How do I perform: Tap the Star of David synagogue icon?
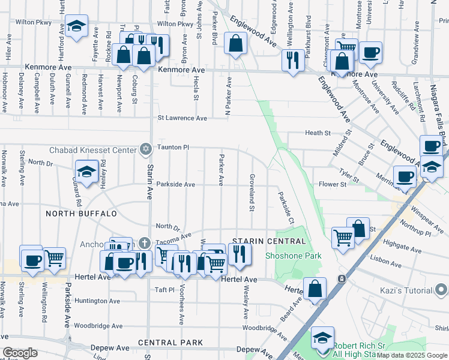[144, 148]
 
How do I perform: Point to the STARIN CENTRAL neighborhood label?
[262, 241]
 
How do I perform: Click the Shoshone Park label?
[294, 256]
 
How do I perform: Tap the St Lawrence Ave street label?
[182, 118]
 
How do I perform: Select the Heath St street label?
[318, 133]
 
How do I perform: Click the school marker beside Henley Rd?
[86, 172]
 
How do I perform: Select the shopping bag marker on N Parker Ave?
[235, 43]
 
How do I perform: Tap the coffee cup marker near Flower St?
[405, 177]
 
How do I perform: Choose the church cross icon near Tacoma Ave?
[144, 243]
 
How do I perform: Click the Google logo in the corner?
[20, 353]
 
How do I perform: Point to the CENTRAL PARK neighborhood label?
[170, 343]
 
